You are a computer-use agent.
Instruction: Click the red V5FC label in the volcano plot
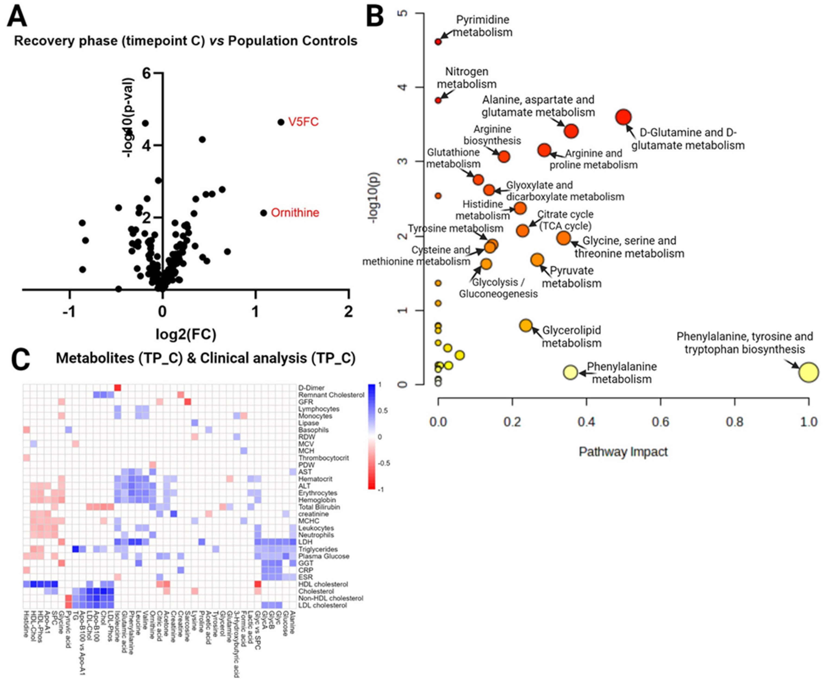pyautogui.click(x=303, y=122)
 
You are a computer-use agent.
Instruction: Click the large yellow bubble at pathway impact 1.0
pyautogui.click(x=809, y=372)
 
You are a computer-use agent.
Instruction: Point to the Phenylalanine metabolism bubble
pyautogui.click(x=570, y=372)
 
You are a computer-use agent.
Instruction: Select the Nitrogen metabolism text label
pyautogui.click(x=467, y=78)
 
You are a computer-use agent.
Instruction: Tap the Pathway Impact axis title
pyautogui.click(x=623, y=452)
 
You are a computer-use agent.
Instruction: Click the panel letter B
pyautogui.click(x=375, y=18)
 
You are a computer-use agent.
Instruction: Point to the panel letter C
pyautogui.click(x=20, y=359)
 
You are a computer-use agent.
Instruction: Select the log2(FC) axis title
pyautogui.click(x=186, y=334)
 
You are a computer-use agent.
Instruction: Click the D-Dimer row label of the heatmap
pyautogui.click(x=311, y=388)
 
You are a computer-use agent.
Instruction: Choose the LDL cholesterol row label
pyautogui.click(x=323, y=605)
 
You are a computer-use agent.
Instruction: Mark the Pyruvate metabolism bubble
pyautogui.click(x=537, y=260)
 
